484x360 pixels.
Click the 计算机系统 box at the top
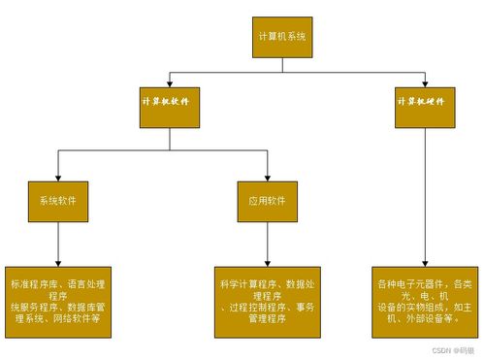[x=282, y=36]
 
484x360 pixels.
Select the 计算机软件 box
[x=171, y=102]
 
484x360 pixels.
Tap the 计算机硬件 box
[x=424, y=102]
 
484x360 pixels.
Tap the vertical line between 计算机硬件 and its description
[x=424, y=194]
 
